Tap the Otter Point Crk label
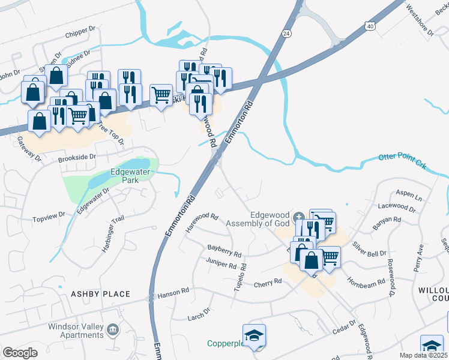[x=402, y=160]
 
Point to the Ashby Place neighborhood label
[x=100, y=294]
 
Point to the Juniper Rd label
[x=221, y=264]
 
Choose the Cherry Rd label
[x=268, y=282]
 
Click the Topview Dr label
[x=49, y=215]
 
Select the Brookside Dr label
[x=77, y=157]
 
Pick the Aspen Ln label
[x=409, y=197]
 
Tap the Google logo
[x=20, y=353]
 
